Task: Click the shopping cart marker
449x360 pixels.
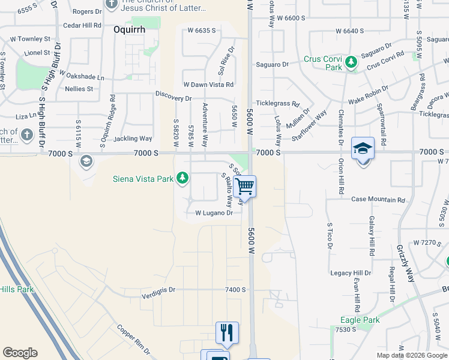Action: [x=244, y=187]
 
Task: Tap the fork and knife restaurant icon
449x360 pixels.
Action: [x=227, y=332]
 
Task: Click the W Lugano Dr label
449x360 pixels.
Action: [x=214, y=213]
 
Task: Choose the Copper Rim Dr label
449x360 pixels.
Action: [x=137, y=338]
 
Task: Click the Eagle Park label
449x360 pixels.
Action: [x=360, y=320]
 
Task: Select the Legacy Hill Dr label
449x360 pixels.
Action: [x=351, y=273]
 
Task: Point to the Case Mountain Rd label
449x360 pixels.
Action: [x=378, y=199]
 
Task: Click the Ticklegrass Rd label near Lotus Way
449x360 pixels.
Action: [x=278, y=103]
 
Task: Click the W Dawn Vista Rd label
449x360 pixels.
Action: [x=208, y=85]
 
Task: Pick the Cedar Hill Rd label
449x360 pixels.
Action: [x=82, y=25]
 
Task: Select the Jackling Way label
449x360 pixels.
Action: [x=133, y=139]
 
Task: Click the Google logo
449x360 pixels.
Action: [x=20, y=353]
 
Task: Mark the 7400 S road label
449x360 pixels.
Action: [x=235, y=289]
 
